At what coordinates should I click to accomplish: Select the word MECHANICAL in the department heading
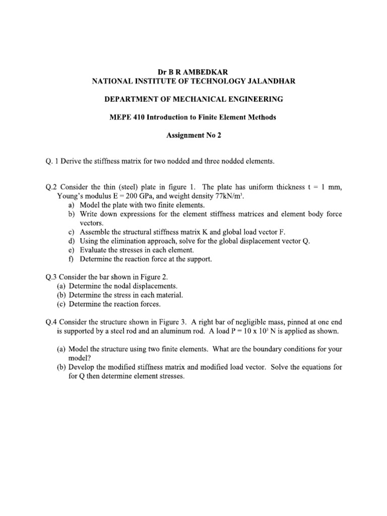coord(186,99)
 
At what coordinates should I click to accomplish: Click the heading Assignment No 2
coord(193,136)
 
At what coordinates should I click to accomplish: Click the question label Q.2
coord(51,187)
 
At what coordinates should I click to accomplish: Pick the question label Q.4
coord(51,321)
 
